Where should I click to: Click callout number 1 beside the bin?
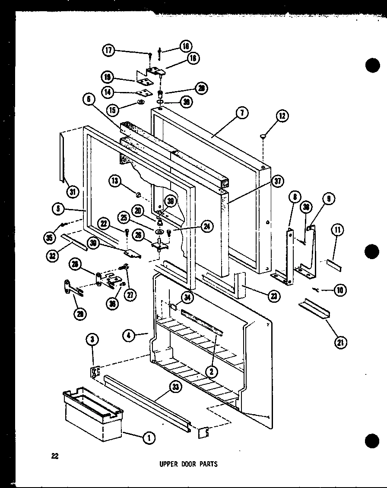click(149, 438)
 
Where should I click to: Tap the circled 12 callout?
click(282, 116)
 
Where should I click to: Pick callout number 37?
click(278, 181)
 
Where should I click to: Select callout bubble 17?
click(108, 51)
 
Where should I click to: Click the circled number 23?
click(274, 296)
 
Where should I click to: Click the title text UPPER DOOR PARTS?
click(188, 464)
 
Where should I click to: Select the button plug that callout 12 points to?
click(263, 136)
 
